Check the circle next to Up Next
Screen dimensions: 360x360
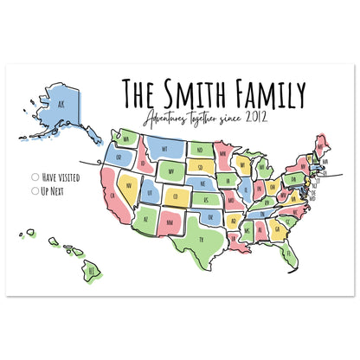click(x=35, y=189)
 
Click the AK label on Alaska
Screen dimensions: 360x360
click(x=60, y=106)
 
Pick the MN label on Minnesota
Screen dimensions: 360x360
click(x=223, y=155)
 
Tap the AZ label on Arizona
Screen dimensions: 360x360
click(x=145, y=218)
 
